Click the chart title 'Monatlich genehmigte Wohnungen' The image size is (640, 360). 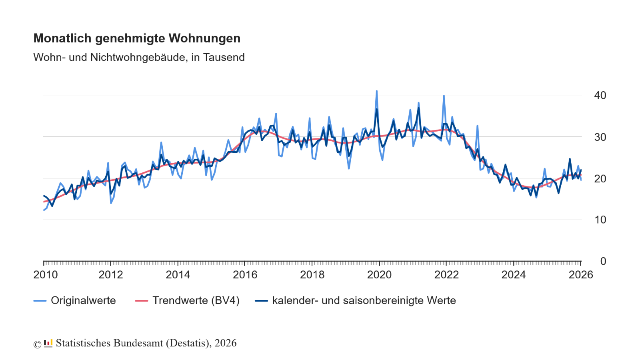(137, 38)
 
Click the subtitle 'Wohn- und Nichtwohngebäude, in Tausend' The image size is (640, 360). (139, 57)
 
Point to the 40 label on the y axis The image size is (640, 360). (600, 95)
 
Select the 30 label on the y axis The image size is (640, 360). (600, 137)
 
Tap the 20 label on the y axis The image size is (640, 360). (600, 179)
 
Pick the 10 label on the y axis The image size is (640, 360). (600, 220)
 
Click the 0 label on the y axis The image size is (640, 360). (603, 261)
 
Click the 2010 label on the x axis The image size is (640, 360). (46, 275)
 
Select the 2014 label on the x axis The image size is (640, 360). (178, 275)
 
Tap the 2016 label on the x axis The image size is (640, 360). (245, 275)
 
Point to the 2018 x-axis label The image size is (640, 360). (312, 275)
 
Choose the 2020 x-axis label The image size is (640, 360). (380, 275)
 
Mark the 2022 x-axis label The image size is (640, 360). (447, 275)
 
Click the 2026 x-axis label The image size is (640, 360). (581, 275)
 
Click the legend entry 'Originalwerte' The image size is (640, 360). (83, 300)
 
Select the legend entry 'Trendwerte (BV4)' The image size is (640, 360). (196, 300)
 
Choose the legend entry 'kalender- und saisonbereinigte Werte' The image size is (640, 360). (364, 300)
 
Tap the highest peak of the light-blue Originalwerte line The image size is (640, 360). (376, 91)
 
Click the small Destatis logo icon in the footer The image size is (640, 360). (48, 343)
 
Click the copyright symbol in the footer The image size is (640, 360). (37, 344)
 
